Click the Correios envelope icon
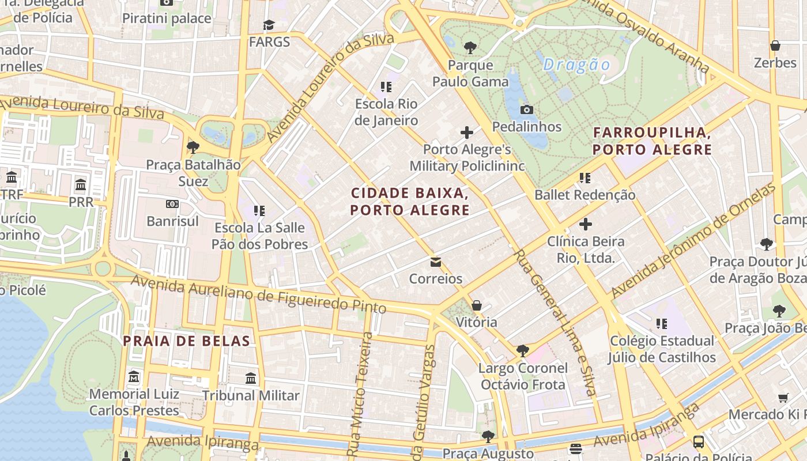pyautogui.click(x=436, y=263)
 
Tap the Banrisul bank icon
pyautogui.click(x=172, y=204)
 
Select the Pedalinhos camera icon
pyautogui.click(x=526, y=109)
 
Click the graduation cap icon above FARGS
pyautogui.click(x=269, y=25)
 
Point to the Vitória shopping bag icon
pyautogui.click(x=477, y=305)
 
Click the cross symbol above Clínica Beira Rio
pyautogui.click(x=586, y=224)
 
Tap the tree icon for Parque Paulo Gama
pyautogui.click(x=470, y=47)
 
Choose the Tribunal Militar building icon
pyautogui.click(x=251, y=379)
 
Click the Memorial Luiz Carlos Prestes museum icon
pyautogui.click(x=134, y=377)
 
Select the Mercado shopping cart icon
pyautogui.click(x=783, y=398)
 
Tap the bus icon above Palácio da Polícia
pyautogui.click(x=698, y=442)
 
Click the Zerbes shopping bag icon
pyautogui.click(x=775, y=46)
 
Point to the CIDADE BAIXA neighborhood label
pyautogui.click(x=410, y=201)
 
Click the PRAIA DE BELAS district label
pyautogui.click(x=187, y=341)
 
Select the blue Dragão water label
pyautogui.click(x=576, y=65)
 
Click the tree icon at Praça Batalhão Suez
pyautogui.click(x=193, y=148)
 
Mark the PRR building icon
pyautogui.click(x=81, y=186)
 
